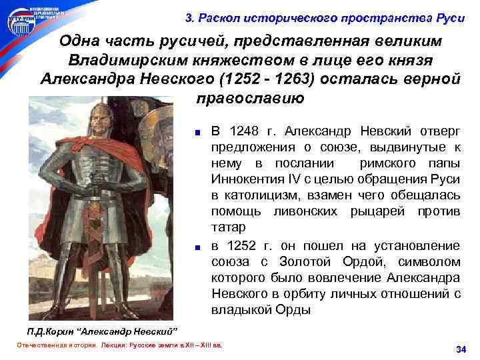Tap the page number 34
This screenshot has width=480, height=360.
[460, 349]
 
